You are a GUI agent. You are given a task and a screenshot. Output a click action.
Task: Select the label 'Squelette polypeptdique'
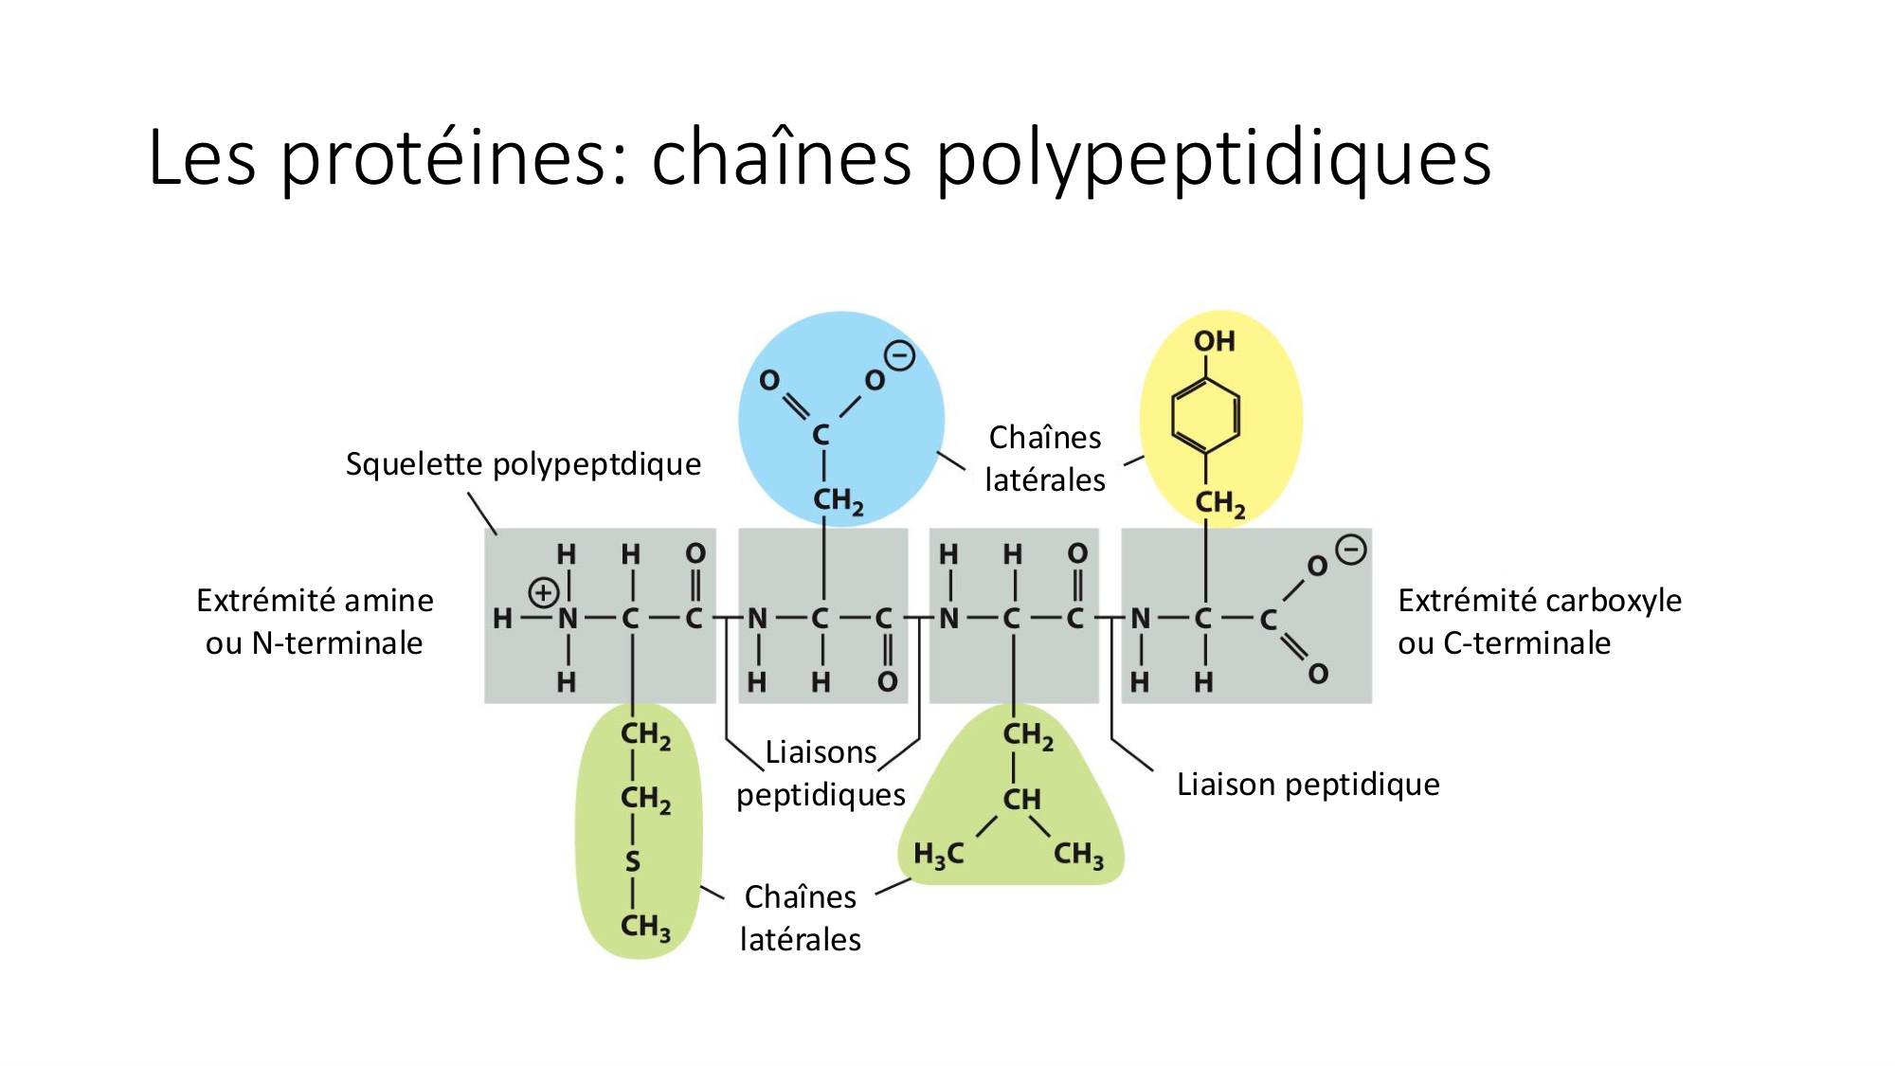pyautogui.click(x=523, y=464)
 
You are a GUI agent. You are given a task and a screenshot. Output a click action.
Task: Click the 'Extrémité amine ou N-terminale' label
pyautogui.click(x=315, y=622)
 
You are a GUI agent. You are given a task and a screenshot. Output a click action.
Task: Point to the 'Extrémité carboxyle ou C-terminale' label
pyautogui.click(x=1540, y=622)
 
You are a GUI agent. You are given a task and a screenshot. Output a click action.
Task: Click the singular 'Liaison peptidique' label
pyautogui.click(x=1308, y=785)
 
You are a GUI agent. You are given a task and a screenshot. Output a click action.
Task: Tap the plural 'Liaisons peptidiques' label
pyautogui.click(x=821, y=773)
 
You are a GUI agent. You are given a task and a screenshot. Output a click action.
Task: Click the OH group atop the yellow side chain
pyautogui.click(x=1214, y=341)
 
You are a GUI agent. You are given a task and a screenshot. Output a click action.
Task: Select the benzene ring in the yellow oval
pyautogui.click(x=1206, y=416)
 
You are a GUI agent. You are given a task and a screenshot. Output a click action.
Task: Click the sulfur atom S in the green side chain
pyautogui.click(x=632, y=862)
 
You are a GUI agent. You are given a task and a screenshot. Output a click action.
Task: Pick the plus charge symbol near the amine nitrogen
pyautogui.click(x=543, y=593)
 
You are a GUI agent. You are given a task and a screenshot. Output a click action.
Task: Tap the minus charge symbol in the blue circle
pyautogui.click(x=899, y=356)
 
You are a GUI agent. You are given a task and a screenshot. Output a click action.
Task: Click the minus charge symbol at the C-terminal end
pyautogui.click(x=1351, y=550)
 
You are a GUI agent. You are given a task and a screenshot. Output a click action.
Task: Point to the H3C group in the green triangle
pyautogui.click(x=938, y=855)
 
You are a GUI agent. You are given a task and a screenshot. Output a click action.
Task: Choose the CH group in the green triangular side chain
pyautogui.click(x=1021, y=799)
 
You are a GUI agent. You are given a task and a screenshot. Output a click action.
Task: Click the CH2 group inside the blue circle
pyautogui.click(x=839, y=500)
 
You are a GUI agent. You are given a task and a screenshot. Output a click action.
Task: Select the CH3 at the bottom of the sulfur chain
pyautogui.click(x=645, y=927)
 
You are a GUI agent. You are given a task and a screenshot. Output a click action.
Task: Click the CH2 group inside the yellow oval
pyautogui.click(x=1220, y=503)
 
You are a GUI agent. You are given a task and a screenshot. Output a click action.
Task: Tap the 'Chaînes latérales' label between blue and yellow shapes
pyautogui.click(x=1045, y=459)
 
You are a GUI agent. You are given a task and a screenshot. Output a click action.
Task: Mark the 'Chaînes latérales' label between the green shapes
pyautogui.click(x=801, y=918)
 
